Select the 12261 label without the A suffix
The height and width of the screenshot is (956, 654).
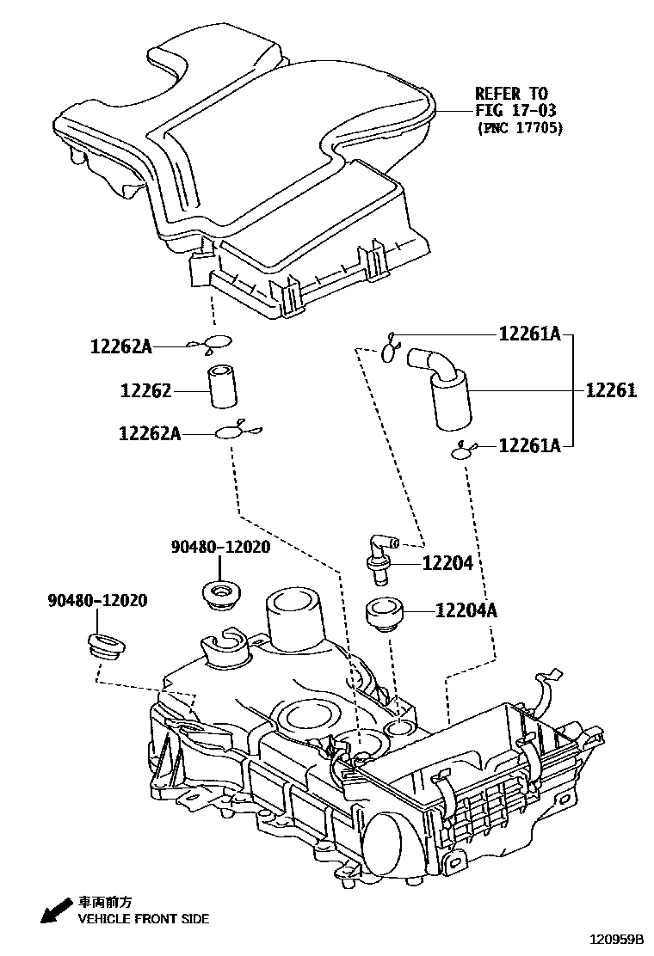[611, 391]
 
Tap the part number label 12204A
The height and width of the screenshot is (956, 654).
[466, 612]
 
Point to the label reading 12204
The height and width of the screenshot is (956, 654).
[447, 563]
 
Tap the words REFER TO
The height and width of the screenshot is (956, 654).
[511, 93]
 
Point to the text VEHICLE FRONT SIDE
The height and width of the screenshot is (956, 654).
[144, 919]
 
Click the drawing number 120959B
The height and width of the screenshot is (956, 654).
[617, 941]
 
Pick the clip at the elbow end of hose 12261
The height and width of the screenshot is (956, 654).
[390, 346]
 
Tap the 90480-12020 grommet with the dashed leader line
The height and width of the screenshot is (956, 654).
[105, 647]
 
